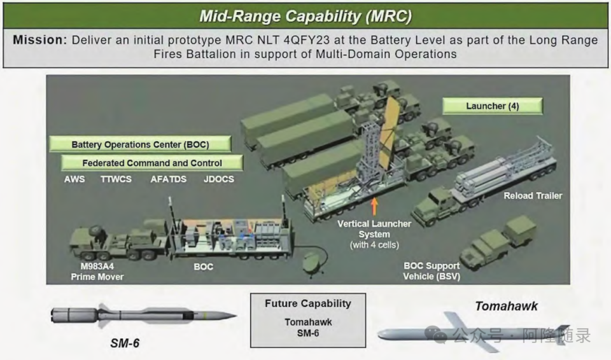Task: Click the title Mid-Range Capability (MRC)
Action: [x=305, y=17]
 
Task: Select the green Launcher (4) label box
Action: [x=493, y=106]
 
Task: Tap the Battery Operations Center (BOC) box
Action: [x=140, y=144]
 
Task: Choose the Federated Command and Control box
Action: [x=152, y=163]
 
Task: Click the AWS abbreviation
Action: [x=74, y=179]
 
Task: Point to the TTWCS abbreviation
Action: [x=116, y=179]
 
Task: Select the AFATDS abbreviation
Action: [x=168, y=179]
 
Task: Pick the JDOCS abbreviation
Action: [x=219, y=179]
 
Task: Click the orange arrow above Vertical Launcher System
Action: [x=374, y=207]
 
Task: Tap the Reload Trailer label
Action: [x=533, y=196]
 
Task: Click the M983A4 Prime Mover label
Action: [x=97, y=272]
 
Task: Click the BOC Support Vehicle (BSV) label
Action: [x=432, y=271]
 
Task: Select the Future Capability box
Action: [x=308, y=321]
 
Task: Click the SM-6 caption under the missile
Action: [x=125, y=343]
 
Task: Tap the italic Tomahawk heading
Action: [x=506, y=306]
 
